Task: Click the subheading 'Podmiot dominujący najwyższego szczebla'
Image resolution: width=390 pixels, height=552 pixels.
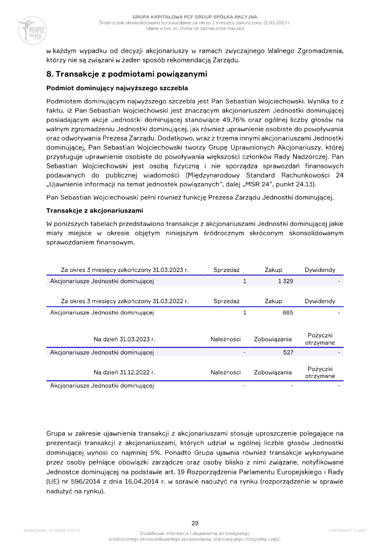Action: click(117, 88)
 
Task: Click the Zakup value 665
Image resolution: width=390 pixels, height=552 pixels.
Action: click(288, 312)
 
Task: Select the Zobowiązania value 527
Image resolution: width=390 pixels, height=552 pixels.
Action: click(288, 351)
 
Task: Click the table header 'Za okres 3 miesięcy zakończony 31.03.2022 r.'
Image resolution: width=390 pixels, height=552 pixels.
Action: click(125, 301)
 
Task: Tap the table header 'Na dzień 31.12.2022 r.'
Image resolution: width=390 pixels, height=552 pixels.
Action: click(124, 372)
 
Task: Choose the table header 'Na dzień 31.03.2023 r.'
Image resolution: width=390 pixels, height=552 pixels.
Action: click(124, 339)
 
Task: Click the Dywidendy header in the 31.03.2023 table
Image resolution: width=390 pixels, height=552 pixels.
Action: click(320, 270)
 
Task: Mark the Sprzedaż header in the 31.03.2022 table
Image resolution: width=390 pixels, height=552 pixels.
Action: click(229, 301)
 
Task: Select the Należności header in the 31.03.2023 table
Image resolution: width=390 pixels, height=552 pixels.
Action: click(226, 339)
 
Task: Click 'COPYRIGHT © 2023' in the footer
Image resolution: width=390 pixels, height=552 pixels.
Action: click(347, 530)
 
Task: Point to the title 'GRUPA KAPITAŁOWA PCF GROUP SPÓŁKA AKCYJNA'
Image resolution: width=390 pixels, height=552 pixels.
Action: click(195, 17)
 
